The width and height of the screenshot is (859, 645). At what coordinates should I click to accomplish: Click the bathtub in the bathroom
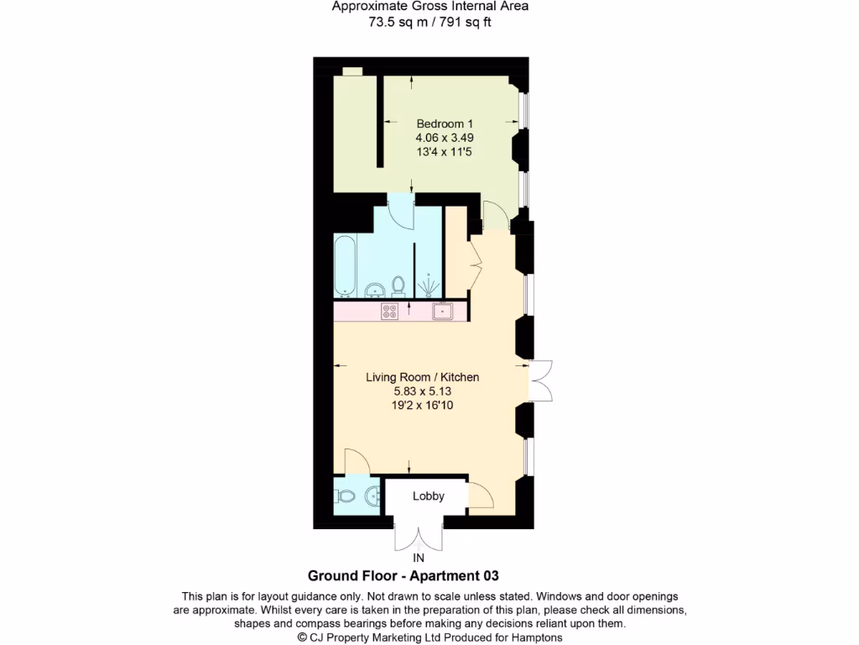point(345,265)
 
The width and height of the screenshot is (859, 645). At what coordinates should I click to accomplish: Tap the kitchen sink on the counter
point(443,312)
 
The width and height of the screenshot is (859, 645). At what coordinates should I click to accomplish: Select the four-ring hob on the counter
point(389,312)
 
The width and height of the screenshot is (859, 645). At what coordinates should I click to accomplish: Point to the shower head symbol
point(429,286)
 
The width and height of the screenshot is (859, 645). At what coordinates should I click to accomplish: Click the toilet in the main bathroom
point(399,286)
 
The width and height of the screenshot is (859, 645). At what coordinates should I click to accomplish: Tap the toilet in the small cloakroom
point(343,496)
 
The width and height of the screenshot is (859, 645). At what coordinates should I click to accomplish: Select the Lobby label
point(428,496)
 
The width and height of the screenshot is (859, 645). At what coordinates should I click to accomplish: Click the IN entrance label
point(419,558)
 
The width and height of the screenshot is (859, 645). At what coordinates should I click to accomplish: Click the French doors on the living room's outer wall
point(541,380)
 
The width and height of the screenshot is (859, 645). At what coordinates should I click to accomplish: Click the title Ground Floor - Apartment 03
point(403,576)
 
